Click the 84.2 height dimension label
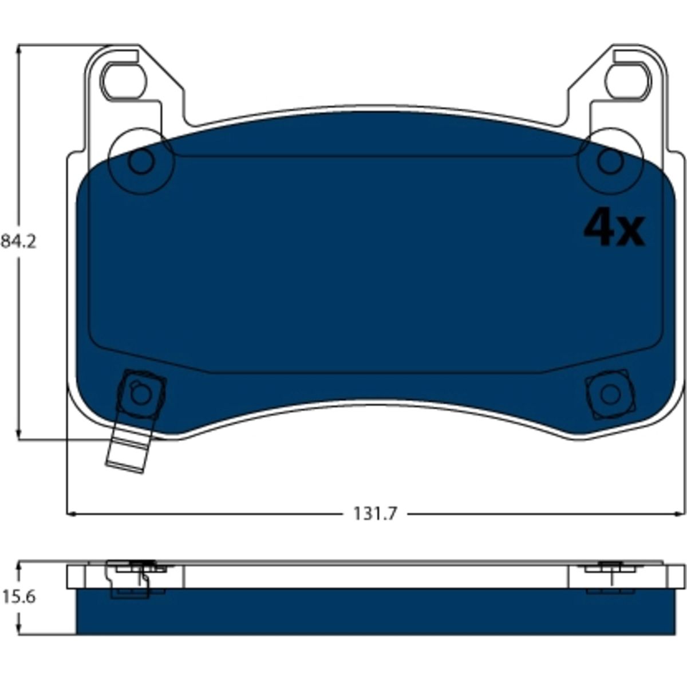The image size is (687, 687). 18,242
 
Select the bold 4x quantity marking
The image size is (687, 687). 614,228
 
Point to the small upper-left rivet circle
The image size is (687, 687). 141,162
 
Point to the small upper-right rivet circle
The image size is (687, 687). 611,162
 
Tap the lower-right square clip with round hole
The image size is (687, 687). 610,393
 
